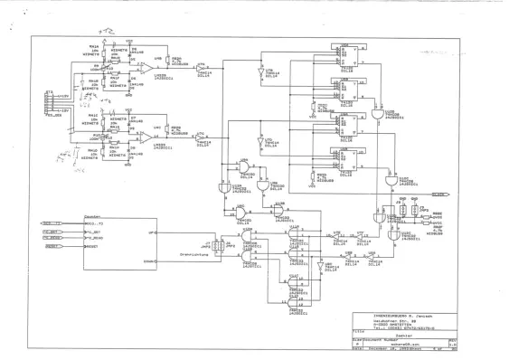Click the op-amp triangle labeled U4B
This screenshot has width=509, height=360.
point(145,67)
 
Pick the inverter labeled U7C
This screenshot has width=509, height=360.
point(202,138)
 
